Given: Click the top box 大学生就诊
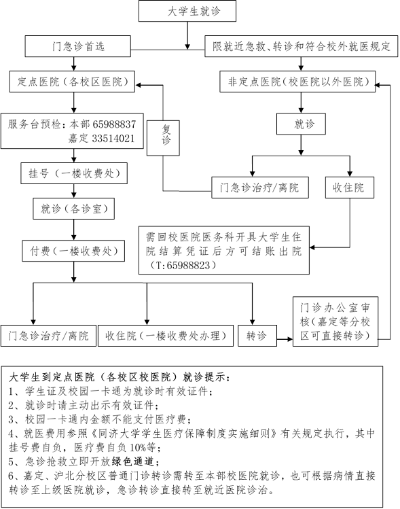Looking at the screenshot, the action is coord(187,11).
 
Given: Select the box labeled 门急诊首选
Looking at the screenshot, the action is coord(78,46).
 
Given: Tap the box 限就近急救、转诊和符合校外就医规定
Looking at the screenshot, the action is coord(301,46).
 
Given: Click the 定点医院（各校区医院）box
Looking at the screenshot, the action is coord(72,82).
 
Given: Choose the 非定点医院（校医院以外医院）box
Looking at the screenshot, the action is coord(297,82).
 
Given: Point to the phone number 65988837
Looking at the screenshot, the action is coord(114,124).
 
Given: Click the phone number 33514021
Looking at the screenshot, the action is coord(113,139).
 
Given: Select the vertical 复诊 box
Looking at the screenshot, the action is coord(163,138).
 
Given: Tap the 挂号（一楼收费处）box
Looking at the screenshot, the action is coord(74,173).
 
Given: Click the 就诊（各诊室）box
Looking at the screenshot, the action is coord(73,209).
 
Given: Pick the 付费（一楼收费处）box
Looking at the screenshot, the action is coord(73,251).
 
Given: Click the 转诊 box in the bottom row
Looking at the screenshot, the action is coord(257,336).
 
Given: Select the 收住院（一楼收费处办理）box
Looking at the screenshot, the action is coord(166,336).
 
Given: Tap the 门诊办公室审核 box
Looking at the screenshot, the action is coord(335,321).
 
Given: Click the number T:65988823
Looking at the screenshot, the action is coord(183,266).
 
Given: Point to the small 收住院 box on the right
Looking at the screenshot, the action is coord(350,188).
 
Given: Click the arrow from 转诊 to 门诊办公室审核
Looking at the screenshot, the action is coord(285,340).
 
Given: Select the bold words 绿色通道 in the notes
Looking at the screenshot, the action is coord(135,461).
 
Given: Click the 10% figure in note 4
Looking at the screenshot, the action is coord(138,447).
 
